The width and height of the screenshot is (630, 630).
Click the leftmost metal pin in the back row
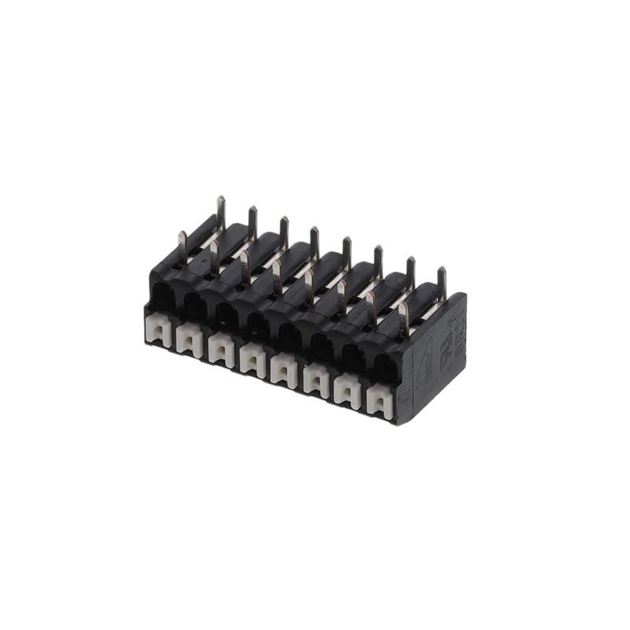coord(221,212)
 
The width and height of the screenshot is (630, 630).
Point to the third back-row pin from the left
coord(284,232)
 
